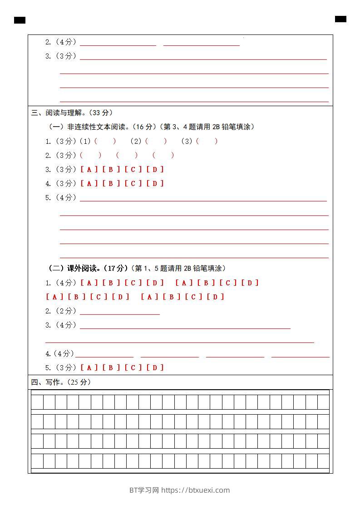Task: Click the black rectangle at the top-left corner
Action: [20, 20]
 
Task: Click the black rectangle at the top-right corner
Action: [340, 19]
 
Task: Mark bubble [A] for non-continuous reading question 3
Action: [89, 169]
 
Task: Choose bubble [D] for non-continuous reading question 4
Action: [155, 183]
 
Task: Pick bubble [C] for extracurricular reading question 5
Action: [133, 367]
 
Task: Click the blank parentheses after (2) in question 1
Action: [156, 141]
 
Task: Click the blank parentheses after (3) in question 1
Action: [207, 141]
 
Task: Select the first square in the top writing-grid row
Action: [37, 402]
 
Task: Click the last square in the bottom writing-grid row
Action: [323, 461]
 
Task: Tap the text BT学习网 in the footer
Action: [144, 490]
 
